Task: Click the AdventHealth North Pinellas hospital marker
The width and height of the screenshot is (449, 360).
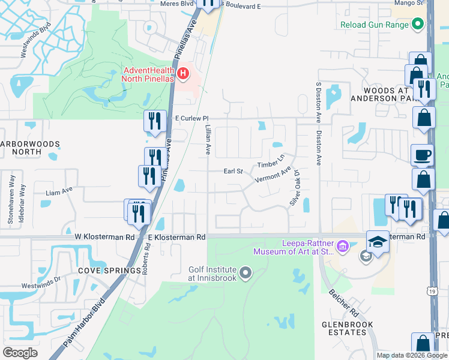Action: [184, 74]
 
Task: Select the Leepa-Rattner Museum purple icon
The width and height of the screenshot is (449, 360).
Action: [343, 245]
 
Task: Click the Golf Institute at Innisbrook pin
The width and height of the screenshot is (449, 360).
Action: [246, 274]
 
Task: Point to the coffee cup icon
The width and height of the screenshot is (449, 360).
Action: [422, 155]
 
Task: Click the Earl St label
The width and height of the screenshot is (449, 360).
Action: [233, 171]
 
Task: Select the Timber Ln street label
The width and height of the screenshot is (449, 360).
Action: [270, 161]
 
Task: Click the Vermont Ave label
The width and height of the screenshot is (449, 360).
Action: [273, 176]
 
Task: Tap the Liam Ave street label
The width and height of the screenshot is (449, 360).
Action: [59, 193]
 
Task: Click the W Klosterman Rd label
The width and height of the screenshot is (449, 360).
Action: [105, 237]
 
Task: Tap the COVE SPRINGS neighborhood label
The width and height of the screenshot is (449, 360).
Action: [109, 271]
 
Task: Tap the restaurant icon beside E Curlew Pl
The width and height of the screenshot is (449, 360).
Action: [155, 121]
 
